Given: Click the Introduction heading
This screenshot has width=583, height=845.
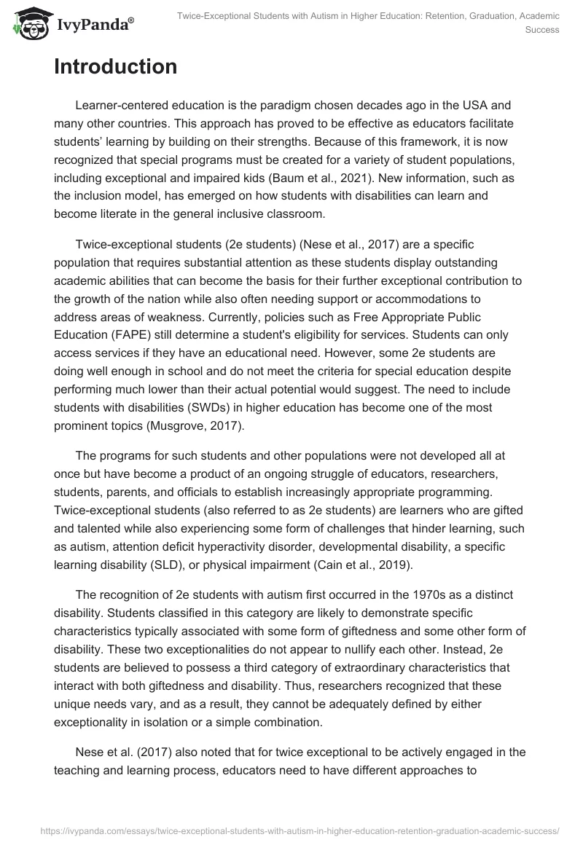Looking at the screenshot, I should pos(115,67).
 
